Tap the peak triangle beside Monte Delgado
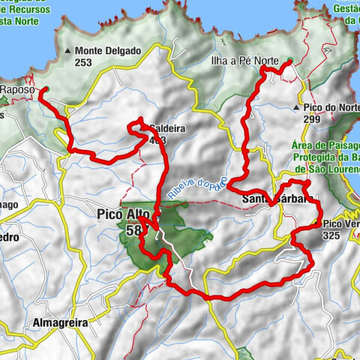pos(68,51)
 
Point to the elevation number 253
pos(85,63)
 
